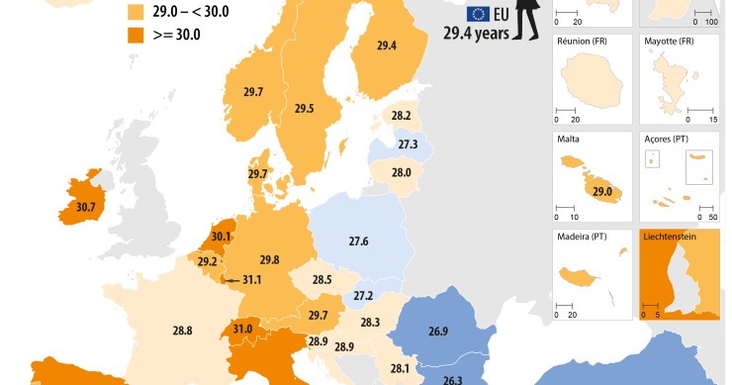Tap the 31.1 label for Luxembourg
pyautogui.click(x=251, y=280)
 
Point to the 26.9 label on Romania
pyautogui.click(x=436, y=332)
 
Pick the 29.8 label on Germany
pyautogui.click(x=269, y=260)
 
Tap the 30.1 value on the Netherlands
pyautogui.click(x=222, y=237)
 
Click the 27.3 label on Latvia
pyautogui.click(x=407, y=144)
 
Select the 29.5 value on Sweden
pyautogui.click(x=303, y=109)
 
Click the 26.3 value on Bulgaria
pyautogui.click(x=452, y=379)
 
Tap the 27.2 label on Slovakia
pyautogui.click(x=363, y=296)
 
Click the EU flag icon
pyautogui.click(x=479, y=14)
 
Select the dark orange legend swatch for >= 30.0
pyautogui.click(x=135, y=35)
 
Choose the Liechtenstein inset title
pyautogui.click(x=676, y=239)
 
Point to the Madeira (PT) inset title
pyautogui.click(x=585, y=239)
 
